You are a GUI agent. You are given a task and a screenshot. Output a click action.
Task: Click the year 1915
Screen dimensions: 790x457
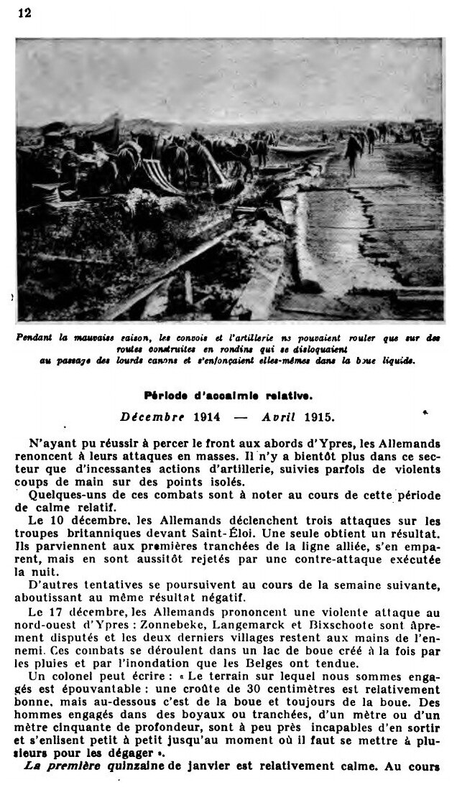pos(318,416)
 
